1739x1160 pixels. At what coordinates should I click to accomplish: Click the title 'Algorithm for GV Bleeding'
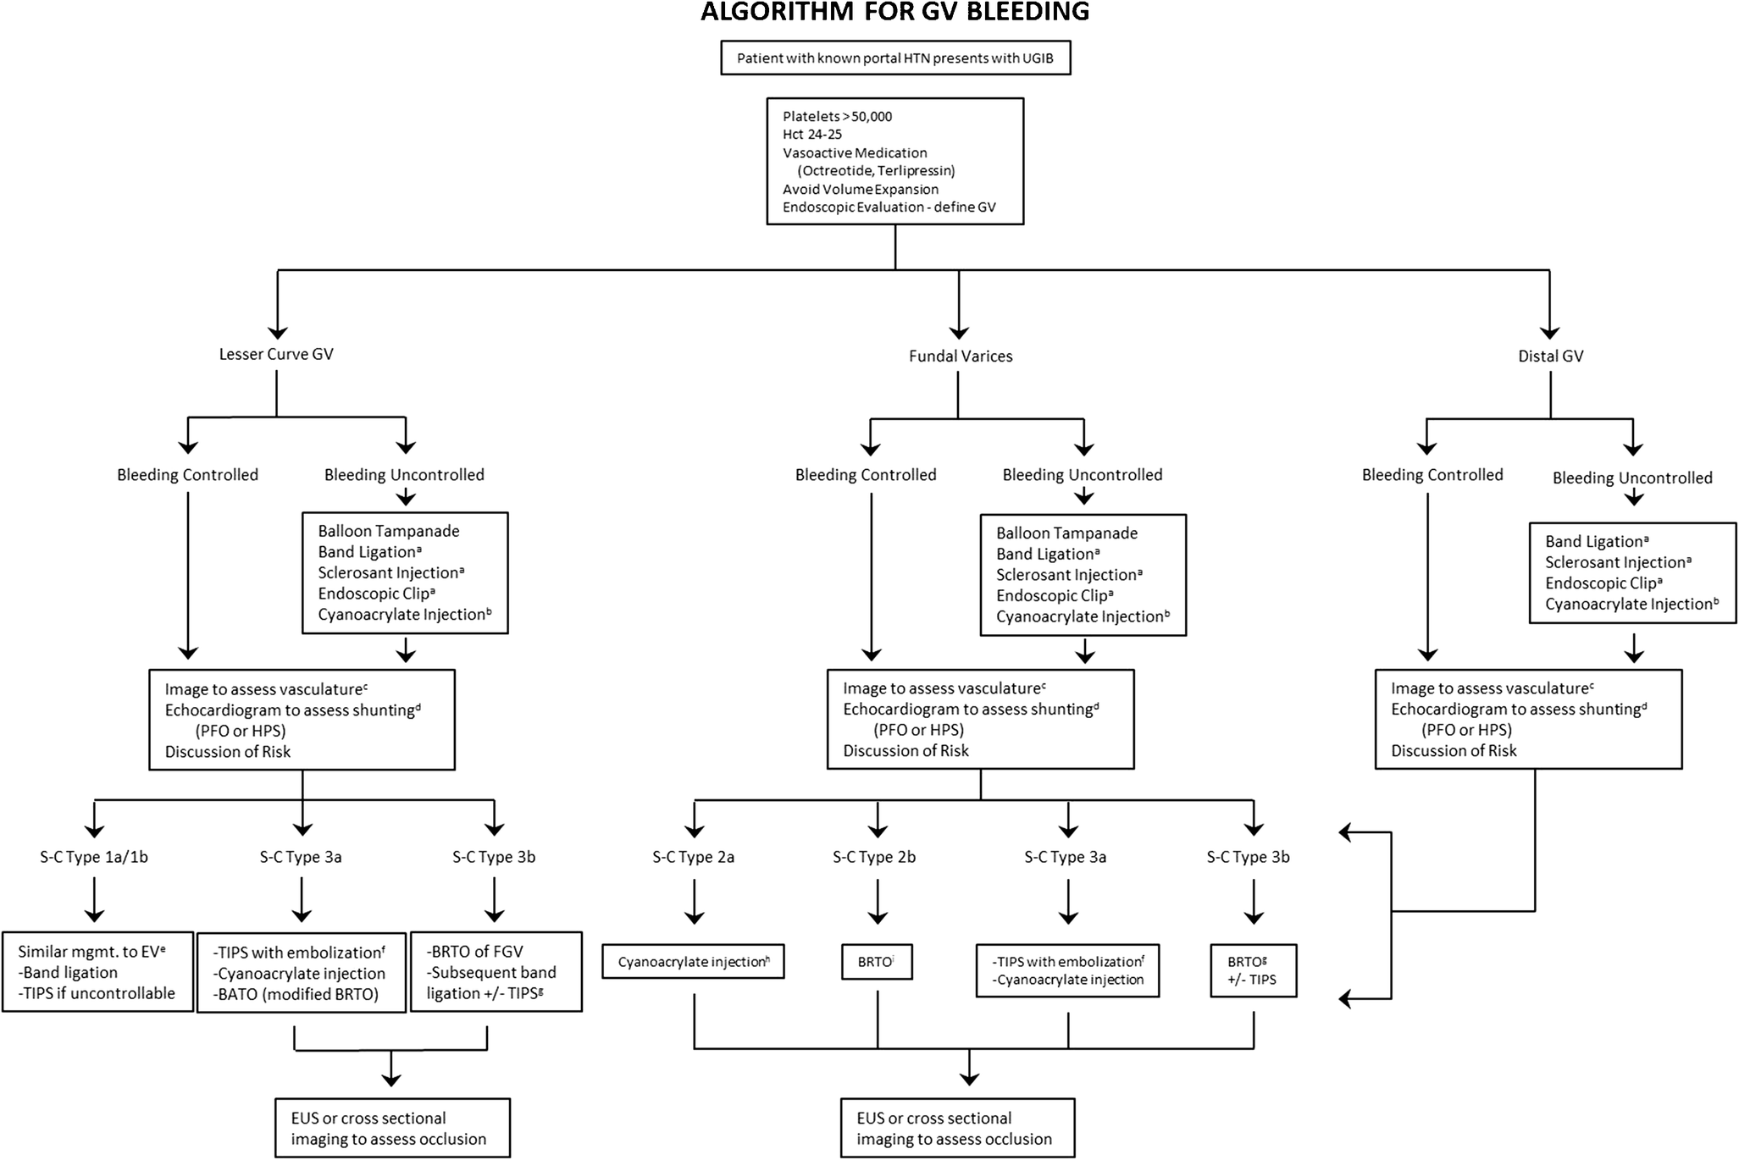coord(894,12)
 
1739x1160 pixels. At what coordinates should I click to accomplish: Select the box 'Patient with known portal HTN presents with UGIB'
coord(895,58)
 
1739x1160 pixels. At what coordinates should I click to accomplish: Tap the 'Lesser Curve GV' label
coord(276,354)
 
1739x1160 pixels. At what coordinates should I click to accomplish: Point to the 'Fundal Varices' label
coord(961,356)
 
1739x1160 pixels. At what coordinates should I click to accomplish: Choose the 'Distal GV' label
coord(1550,356)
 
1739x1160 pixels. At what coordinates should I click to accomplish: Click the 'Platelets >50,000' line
coord(837,117)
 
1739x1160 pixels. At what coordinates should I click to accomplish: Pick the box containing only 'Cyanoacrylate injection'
coord(693,962)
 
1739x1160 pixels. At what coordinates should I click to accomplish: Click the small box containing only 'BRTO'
coord(877,962)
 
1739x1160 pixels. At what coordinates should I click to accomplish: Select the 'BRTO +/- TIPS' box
coord(1253,970)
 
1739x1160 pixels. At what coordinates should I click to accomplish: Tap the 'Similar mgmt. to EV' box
coord(97,972)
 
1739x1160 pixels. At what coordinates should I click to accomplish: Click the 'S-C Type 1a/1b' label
coord(94,857)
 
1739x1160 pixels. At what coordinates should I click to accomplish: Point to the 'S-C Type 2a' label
coord(693,857)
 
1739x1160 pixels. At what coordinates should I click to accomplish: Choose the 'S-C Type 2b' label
coord(874,857)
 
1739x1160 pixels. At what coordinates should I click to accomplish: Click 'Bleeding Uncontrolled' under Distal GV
coord(1632,478)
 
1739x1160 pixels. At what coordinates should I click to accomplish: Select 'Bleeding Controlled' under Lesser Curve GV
coord(187,475)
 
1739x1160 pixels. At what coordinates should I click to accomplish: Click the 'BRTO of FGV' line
coord(475,952)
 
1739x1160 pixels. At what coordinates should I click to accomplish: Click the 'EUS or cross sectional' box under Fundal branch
coord(957,1128)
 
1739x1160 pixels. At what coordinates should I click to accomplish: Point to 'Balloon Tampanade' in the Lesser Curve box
coord(389,531)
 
